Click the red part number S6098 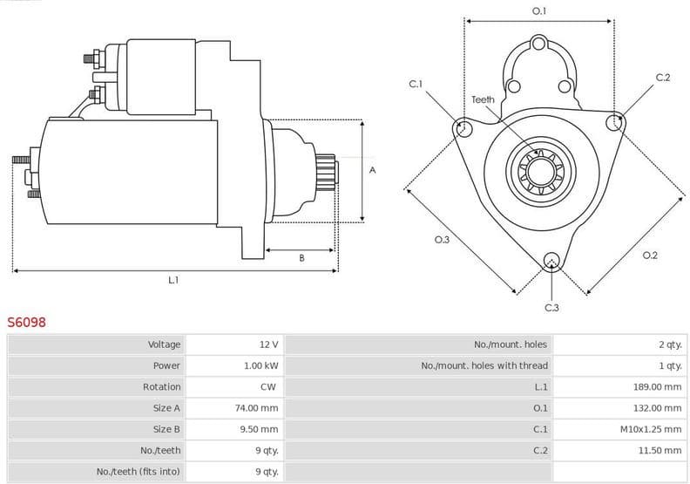(x=27, y=322)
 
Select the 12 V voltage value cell (x=268, y=344)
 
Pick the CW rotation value (x=268, y=386)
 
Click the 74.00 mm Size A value (x=258, y=407)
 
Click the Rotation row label (x=162, y=386)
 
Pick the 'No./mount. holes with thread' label (x=484, y=365)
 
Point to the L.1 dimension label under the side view (x=173, y=280)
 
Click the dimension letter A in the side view (x=372, y=170)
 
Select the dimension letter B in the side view (x=301, y=257)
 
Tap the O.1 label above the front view (x=539, y=11)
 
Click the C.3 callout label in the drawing (x=551, y=307)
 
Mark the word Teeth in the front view (x=483, y=99)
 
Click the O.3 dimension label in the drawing (x=442, y=240)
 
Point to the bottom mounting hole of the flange (x=551, y=260)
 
